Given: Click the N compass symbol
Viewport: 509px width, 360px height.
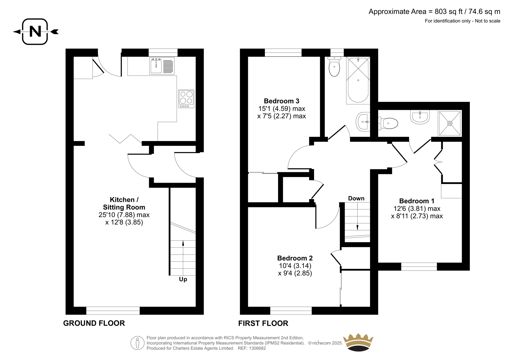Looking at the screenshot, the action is pos(35,32).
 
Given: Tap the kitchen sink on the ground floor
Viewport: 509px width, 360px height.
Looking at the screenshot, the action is pos(162,66).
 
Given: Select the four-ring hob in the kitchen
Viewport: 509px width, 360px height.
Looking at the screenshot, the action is pos(186,99).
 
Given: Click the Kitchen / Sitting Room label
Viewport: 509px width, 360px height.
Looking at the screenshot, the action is pos(124,203).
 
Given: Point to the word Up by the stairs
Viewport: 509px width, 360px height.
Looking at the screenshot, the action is pos(183,279).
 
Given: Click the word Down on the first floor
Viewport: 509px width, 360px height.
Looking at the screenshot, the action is pos(356,198).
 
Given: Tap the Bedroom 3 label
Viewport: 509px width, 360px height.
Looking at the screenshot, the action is pos(281,101).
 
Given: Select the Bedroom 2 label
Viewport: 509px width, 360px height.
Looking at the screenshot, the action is pos(295,258).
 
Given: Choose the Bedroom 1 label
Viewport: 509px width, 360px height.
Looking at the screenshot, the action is pos(416,201).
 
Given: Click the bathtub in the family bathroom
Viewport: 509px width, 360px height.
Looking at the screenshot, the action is pos(358,80).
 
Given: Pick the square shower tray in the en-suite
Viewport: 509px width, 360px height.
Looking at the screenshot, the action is pos(450,123).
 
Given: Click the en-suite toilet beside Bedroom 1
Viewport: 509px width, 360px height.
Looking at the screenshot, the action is pos(388,123).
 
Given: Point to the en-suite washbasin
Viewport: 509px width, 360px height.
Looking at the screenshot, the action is pos(420,117).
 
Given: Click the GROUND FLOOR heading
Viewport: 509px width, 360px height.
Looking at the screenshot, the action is pos(94,323).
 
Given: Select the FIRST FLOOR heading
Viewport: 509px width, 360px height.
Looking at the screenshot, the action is pos(263,323).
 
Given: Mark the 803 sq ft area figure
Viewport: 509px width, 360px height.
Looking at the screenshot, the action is pos(449,11).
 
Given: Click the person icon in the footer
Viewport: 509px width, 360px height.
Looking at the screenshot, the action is pos(137,343).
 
